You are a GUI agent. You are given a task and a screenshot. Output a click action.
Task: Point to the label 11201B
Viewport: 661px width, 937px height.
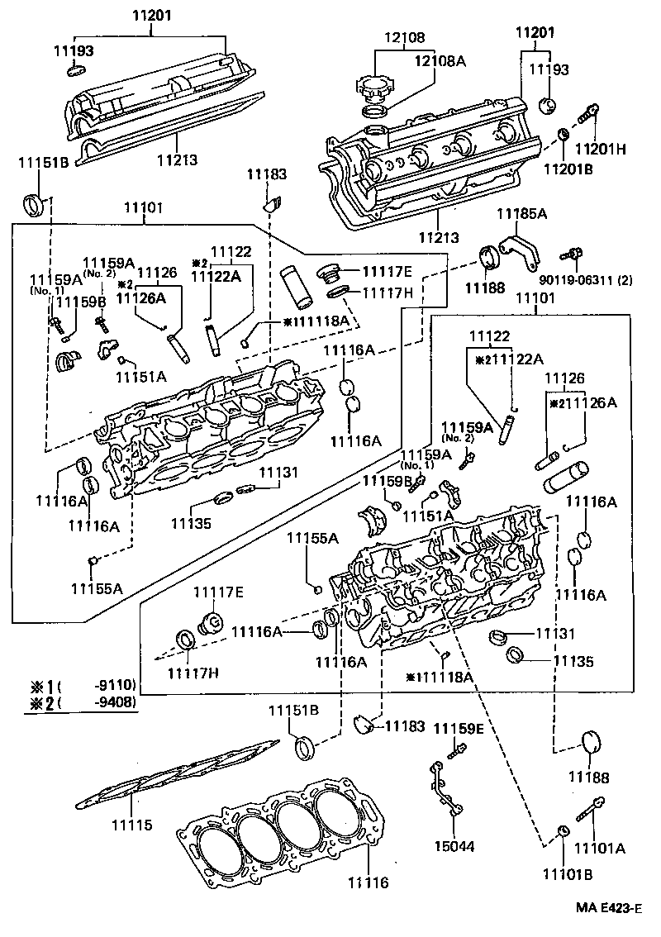[x=567, y=169]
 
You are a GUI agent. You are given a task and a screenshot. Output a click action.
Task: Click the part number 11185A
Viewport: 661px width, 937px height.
[x=522, y=214]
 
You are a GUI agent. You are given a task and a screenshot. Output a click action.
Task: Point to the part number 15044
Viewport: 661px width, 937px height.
[x=454, y=847]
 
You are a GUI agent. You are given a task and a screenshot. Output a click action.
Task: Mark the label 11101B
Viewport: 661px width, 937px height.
[x=566, y=873]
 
